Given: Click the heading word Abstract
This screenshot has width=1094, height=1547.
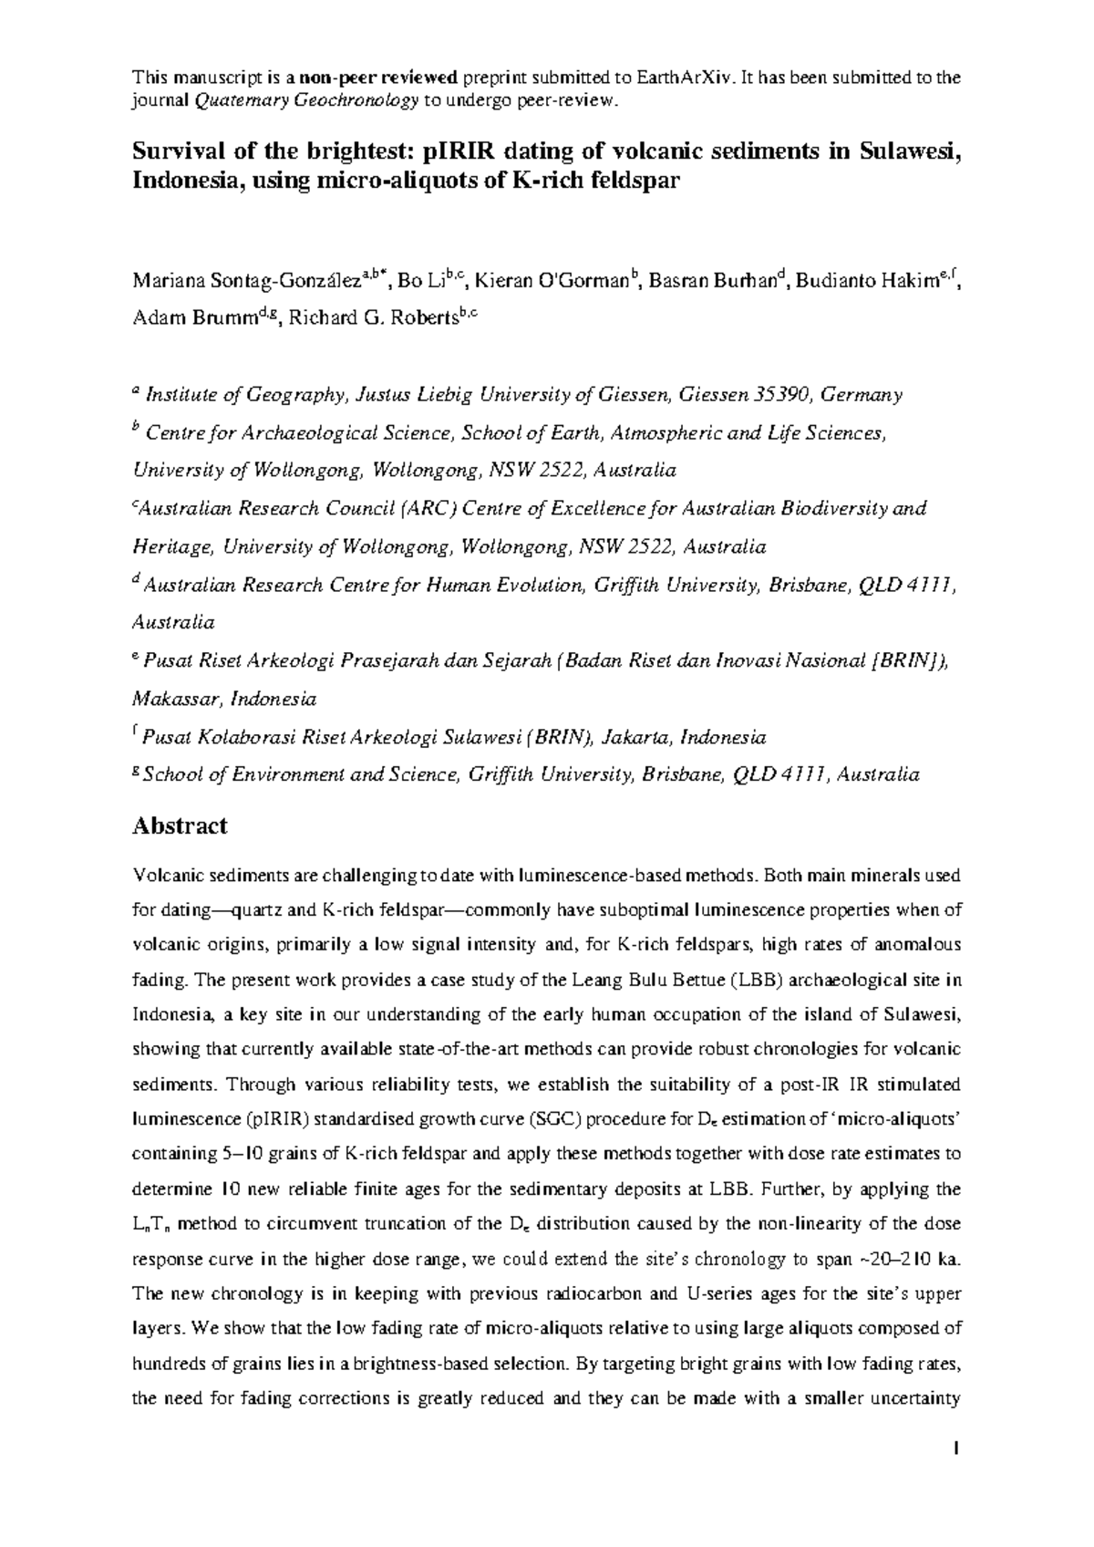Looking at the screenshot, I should [x=180, y=826].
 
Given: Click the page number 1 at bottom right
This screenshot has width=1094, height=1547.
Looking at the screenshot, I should [x=958, y=1448].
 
